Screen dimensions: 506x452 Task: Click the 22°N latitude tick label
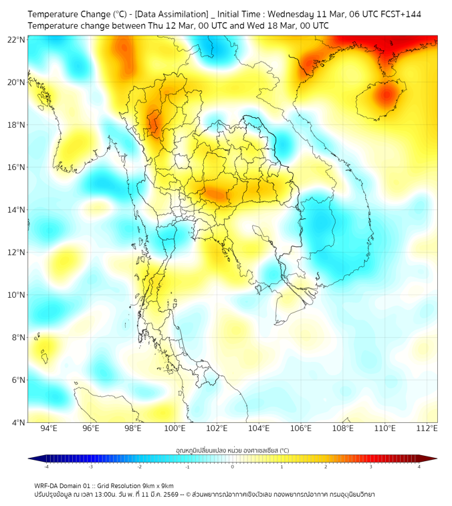click(17, 39)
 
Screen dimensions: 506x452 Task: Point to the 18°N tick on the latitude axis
click(17, 125)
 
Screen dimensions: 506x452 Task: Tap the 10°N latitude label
click(17, 295)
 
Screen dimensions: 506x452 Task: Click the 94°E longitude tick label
click(49, 428)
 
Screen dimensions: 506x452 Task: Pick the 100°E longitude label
click(175, 428)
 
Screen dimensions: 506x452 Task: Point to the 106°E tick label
click(301, 428)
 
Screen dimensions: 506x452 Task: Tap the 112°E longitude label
click(427, 428)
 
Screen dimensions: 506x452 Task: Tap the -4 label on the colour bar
click(45, 467)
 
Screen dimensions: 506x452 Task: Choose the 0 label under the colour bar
click(233, 467)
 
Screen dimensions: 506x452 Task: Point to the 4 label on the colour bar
click(419, 467)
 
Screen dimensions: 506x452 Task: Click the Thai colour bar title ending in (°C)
click(232, 450)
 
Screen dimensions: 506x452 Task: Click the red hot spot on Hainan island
click(385, 95)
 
